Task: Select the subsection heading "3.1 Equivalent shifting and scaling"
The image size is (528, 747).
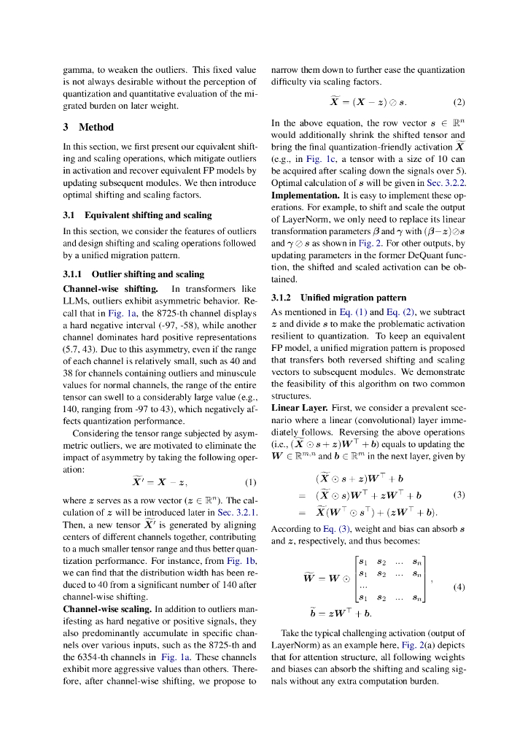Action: click(137, 215)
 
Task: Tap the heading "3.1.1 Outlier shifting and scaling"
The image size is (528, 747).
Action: click(133, 274)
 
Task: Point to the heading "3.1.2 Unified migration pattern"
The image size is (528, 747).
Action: click(338, 298)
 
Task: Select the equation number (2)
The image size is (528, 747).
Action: click(459, 102)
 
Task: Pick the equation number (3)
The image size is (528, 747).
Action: click(459, 494)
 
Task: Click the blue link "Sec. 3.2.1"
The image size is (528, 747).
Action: click(235, 512)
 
